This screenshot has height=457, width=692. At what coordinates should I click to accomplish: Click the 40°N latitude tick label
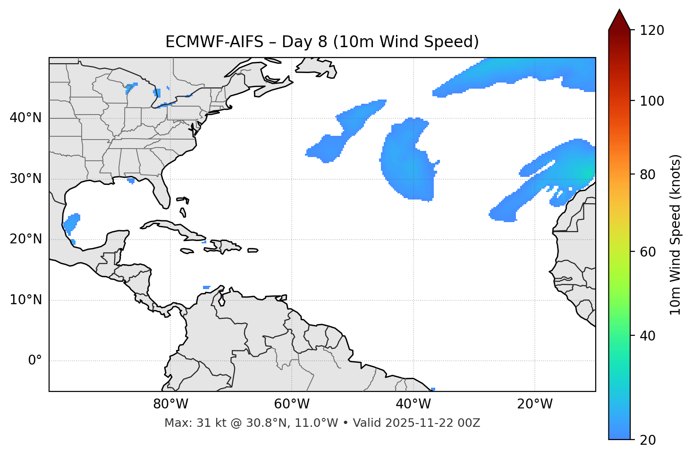click(x=25, y=118)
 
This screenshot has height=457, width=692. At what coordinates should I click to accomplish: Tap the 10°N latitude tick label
click(x=25, y=300)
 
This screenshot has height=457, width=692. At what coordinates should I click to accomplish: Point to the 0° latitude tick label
click(x=35, y=361)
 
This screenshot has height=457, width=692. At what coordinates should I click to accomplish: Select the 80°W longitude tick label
click(x=170, y=404)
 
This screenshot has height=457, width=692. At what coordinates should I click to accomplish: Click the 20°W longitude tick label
click(x=535, y=404)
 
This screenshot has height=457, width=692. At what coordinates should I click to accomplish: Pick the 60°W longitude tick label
click(x=292, y=404)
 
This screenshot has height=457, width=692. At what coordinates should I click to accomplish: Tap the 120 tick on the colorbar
click(x=652, y=31)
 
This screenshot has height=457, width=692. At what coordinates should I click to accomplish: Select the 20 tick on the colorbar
click(x=648, y=440)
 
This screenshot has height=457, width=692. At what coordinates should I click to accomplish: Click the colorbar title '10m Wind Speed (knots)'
click(x=675, y=234)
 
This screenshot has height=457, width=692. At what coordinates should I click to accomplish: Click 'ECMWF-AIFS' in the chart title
click(x=214, y=42)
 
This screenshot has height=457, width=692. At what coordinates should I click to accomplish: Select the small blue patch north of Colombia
click(x=206, y=287)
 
